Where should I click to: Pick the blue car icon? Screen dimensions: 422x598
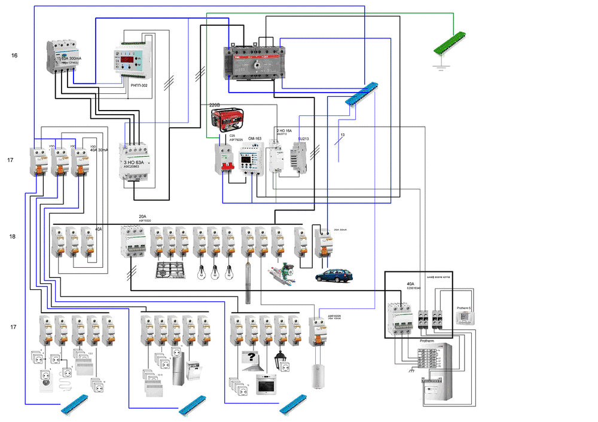tap(335, 275)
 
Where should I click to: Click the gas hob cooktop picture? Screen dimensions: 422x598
tap(170, 270)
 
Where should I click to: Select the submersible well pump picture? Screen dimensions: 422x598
tap(249, 281)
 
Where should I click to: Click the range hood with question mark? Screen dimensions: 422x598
tap(252, 358)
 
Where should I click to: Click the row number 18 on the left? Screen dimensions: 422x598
tap(12, 237)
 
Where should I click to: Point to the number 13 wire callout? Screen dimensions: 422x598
tap(342, 135)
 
